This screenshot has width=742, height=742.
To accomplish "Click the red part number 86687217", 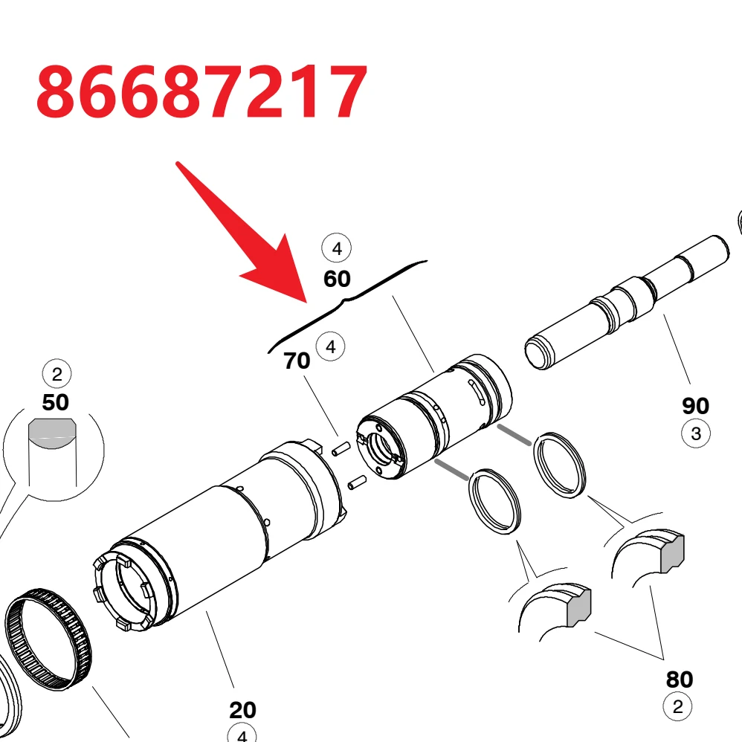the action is [201, 91].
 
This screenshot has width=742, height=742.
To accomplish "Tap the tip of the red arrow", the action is [306, 303].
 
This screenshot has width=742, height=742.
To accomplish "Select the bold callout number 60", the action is [337, 279].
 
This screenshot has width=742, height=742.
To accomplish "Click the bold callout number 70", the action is [297, 361].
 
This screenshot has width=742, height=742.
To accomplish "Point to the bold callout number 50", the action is [55, 402].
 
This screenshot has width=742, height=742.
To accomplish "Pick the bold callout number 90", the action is [695, 405].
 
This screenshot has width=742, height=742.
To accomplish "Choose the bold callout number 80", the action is [680, 679].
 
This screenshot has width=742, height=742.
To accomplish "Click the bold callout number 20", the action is [243, 710].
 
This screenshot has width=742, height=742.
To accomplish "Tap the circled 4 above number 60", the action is [337, 248].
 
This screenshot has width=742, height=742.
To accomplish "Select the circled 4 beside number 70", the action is [330, 346].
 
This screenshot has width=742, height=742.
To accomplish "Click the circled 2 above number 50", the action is [57, 374].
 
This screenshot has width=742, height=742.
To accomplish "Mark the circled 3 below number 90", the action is [696, 433].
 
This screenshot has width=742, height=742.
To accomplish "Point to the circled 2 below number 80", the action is [677, 706].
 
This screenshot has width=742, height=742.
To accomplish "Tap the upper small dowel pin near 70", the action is [341, 448].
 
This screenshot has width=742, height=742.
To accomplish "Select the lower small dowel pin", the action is [358, 483].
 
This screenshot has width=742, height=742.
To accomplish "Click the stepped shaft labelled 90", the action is [627, 302].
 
